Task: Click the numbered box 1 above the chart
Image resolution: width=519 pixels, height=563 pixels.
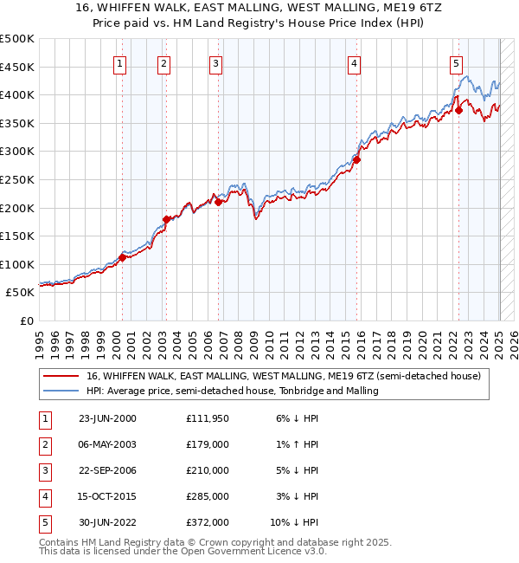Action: tap(119, 62)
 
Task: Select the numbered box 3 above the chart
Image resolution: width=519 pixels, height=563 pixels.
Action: tap(215, 62)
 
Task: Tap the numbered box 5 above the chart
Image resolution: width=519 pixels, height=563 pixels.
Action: tap(456, 62)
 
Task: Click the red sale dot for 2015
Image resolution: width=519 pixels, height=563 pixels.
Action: tap(356, 159)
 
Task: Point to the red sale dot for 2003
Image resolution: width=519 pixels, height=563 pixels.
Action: tap(167, 219)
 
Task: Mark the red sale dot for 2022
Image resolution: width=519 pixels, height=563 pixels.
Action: tap(459, 110)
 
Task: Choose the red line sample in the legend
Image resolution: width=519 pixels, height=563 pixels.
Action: tap(62, 376)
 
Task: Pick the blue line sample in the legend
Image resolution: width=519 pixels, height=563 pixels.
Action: tap(62, 391)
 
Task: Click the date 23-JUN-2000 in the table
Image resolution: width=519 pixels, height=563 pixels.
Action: tap(107, 418)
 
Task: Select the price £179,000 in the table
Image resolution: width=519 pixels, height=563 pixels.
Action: tap(208, 444)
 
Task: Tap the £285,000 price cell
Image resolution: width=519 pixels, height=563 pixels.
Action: tap(208, 496)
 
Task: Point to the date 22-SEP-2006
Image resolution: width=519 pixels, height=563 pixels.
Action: tap(107, 470)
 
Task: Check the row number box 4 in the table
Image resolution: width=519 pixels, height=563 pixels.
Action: tap(44, 496)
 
